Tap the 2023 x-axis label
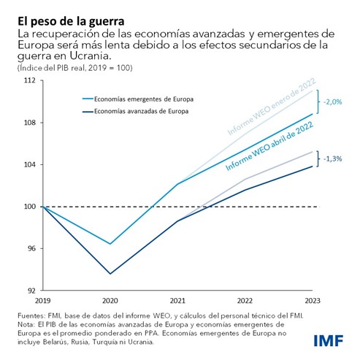(x=313, y=299)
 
